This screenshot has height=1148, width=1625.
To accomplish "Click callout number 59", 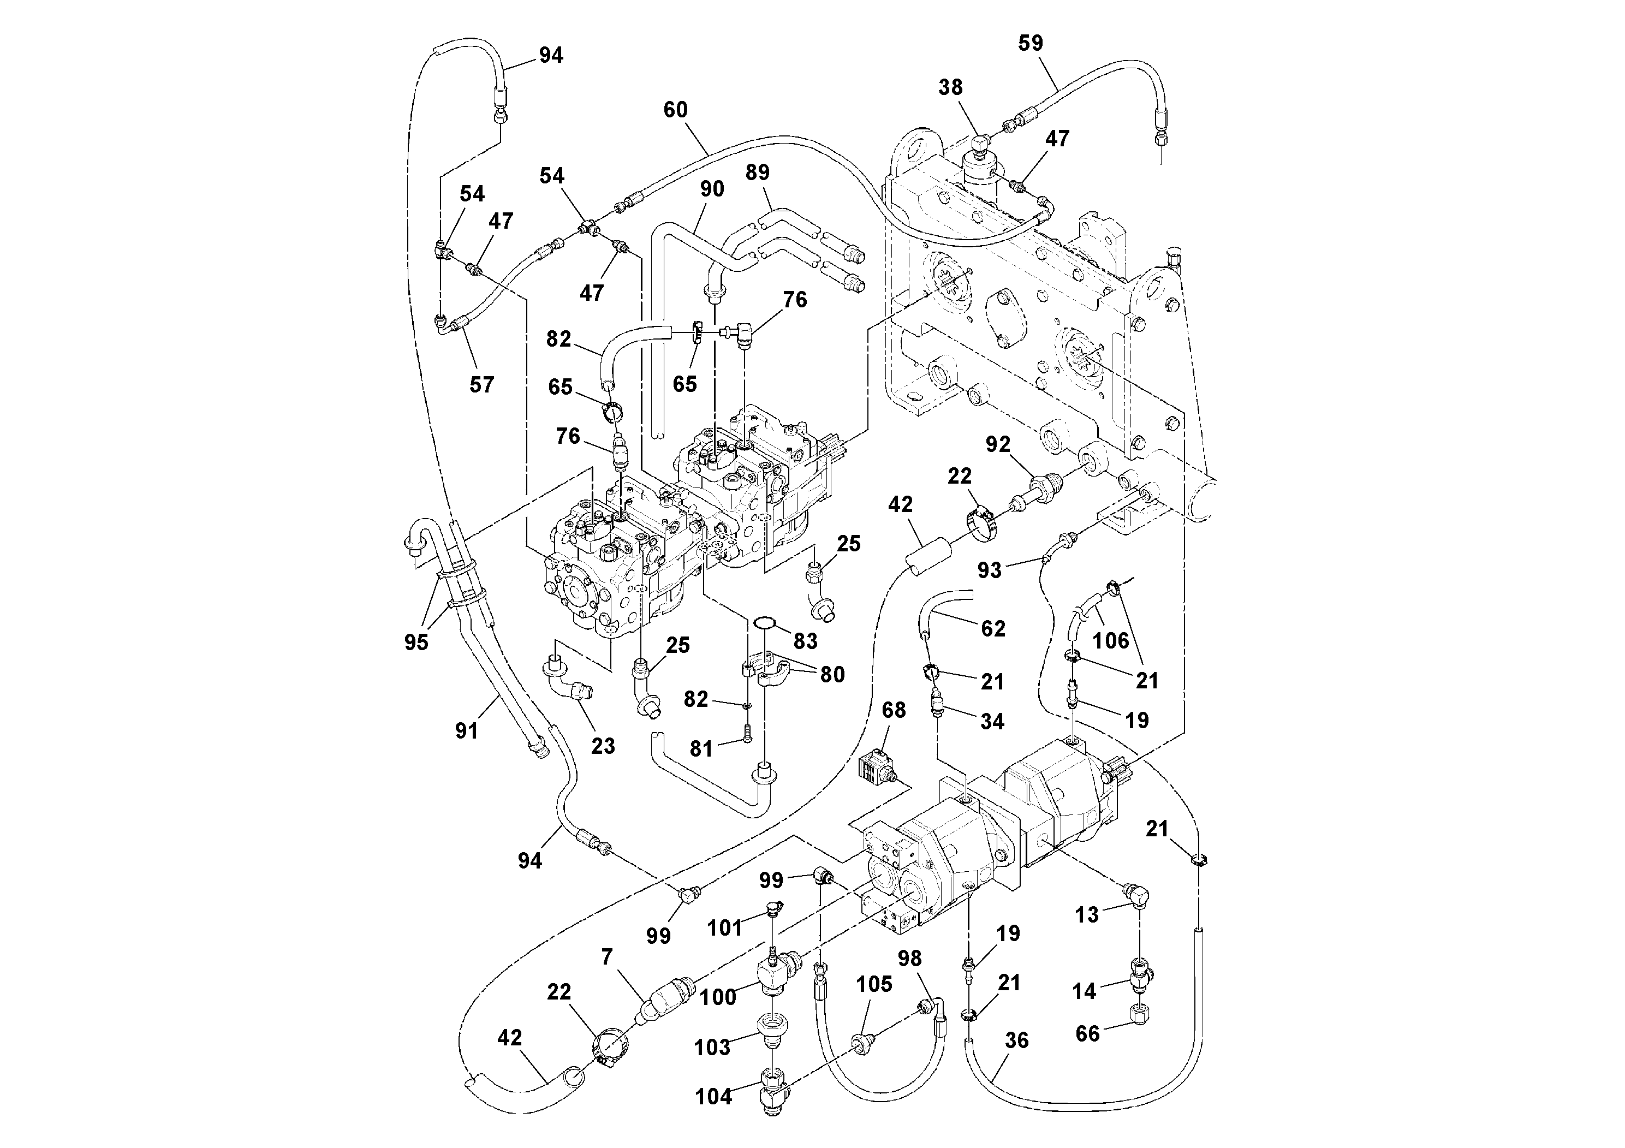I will coord(1030,43).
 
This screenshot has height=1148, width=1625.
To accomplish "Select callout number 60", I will coord(675,110).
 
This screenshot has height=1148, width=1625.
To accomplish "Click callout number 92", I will coord(998,444).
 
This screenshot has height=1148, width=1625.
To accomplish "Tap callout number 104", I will coord(713,1096).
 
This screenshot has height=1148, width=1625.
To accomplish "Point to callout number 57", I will coord(481,385).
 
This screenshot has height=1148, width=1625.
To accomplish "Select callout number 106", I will coord(1110,640).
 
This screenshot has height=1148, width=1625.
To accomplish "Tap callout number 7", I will coord(606,957).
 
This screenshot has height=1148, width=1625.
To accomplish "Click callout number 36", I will coord(1016,1040).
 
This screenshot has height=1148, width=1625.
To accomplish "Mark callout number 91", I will coord(466,730).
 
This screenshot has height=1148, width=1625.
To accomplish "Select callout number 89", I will coord(757,173).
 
